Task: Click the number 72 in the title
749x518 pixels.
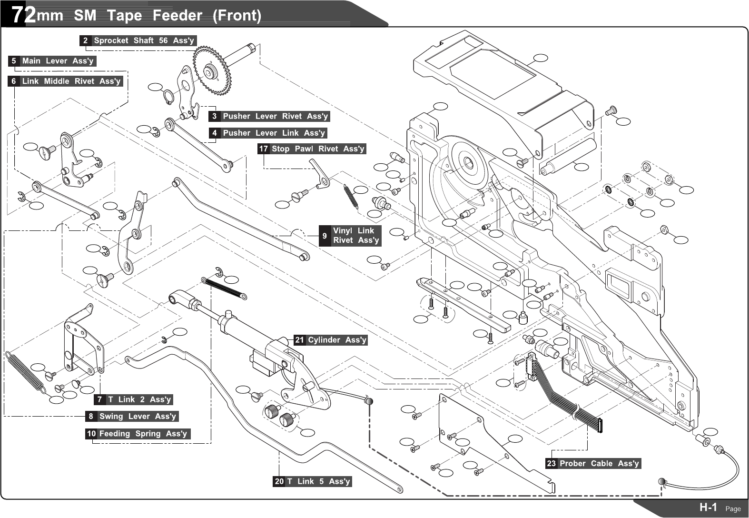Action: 23,15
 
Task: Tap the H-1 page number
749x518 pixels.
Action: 708,508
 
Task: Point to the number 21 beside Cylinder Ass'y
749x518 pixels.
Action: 299,340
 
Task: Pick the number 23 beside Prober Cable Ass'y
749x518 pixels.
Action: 551,463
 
